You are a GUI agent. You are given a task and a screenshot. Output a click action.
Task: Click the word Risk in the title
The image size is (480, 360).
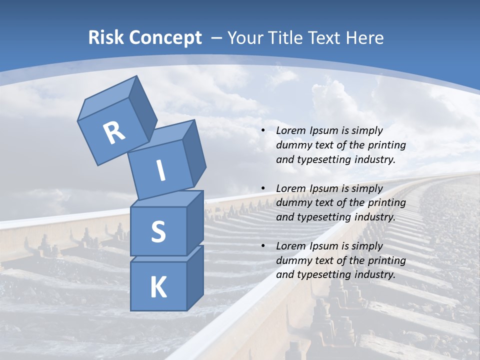tap(106, 38)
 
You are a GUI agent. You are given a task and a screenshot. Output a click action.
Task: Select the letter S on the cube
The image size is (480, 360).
tap(158, 231)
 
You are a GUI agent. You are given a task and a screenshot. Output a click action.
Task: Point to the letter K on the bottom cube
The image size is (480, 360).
tap(158, 287)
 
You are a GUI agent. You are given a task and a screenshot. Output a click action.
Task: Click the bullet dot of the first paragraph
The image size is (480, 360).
tap(263, 131)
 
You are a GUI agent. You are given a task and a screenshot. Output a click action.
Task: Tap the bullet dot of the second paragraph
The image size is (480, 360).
tap(263, 188)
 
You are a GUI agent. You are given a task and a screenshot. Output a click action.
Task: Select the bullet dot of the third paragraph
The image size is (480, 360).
tap(263, 246)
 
